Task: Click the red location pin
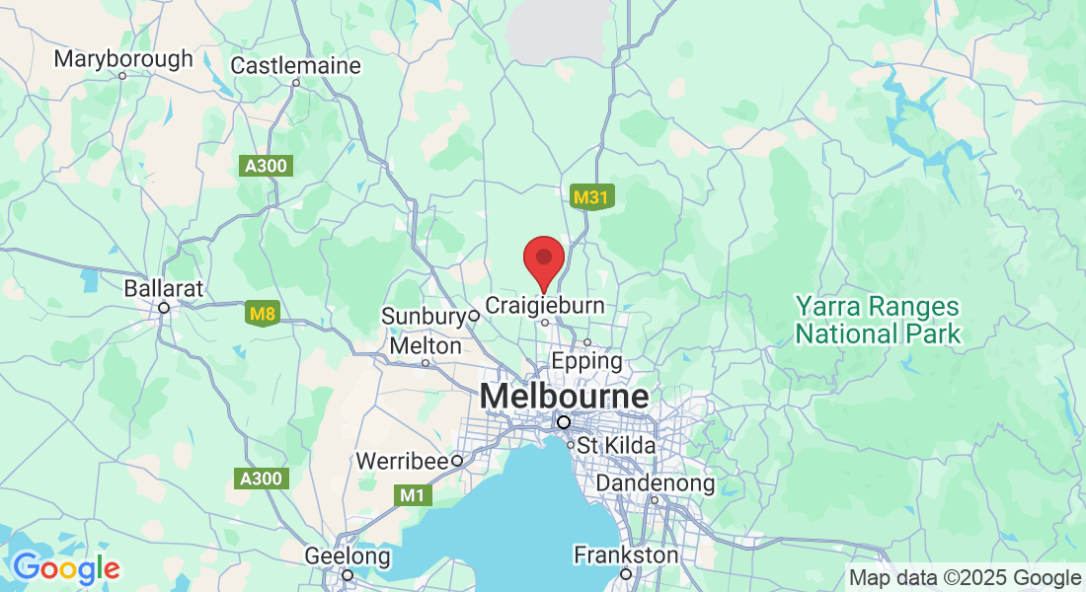pos(543,260)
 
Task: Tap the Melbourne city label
pos(564,397)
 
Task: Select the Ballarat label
pos(164,289)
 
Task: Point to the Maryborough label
pos(123,58)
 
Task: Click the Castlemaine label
pos(296,65)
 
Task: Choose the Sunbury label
pos(424,317)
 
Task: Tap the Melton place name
pos(426,346)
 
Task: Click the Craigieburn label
pos(545,305)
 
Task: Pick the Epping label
pos(586,361)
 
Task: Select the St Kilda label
pos(616,446)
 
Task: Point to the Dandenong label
pos(655,483)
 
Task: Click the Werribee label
pos(402,461)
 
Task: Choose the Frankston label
pos(626,555)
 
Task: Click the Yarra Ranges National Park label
pos(878,321)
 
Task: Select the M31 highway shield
pos(591,198)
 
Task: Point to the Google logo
pos(66,568)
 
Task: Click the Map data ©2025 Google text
pos(965,578)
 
